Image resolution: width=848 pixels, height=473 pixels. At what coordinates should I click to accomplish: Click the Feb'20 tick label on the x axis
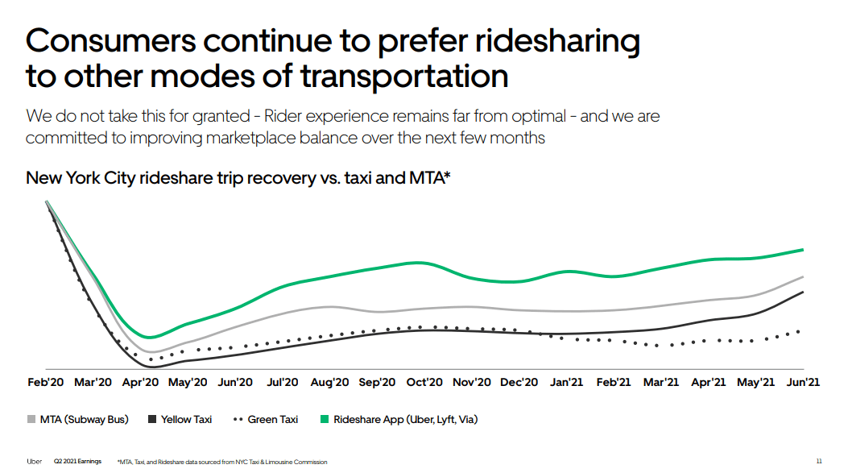[x=46, y=382]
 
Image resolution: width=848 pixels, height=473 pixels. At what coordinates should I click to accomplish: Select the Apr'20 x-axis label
[x=140, y=382]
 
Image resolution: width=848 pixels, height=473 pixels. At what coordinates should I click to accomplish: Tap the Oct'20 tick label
[x=424, y=382]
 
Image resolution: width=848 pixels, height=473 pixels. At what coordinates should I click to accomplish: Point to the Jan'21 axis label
[x=566, y=382]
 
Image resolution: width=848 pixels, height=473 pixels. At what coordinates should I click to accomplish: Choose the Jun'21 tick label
[x=802, y=382]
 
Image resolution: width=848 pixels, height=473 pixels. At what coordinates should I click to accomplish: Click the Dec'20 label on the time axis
[x=519, y=382]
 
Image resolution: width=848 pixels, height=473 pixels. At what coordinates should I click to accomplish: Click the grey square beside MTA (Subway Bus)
[x=31, y=420]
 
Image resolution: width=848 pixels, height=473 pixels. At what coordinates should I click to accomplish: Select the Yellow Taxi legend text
[x=186, y=420]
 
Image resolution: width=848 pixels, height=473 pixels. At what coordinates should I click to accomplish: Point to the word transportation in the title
[x=403, y=77]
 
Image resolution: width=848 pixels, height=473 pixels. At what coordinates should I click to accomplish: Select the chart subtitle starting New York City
[x=238, y=178]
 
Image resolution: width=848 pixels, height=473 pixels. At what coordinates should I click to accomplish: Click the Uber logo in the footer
[x=35, y=462]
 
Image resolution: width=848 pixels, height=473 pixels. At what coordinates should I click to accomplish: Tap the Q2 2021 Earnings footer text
[x=77, y=462]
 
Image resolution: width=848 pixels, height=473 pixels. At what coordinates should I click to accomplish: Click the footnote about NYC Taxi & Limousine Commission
[x=222, y=462]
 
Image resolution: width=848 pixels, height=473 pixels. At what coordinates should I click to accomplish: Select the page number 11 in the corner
[x=819, y=462]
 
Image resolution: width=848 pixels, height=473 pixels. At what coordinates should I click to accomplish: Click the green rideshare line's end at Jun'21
[x=803, y=250]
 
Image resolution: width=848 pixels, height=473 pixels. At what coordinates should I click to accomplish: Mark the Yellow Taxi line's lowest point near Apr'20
[x=151, y=367]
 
